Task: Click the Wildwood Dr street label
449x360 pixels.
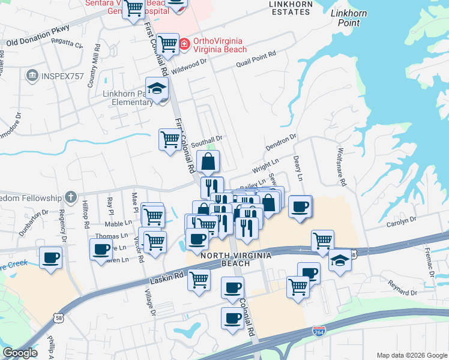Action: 188,66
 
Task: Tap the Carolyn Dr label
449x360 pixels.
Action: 402,221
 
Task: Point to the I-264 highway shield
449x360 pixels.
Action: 319,331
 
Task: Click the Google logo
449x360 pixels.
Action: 20,353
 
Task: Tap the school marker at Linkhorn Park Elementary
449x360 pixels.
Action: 157,89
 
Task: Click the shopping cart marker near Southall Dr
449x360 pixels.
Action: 170,139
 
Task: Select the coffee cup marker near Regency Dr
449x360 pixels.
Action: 50,258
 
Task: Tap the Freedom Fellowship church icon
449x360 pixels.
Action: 71,197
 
